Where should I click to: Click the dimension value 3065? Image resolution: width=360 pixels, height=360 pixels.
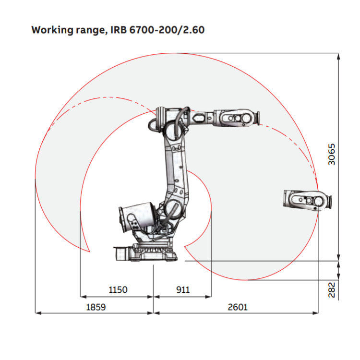click(332, 154)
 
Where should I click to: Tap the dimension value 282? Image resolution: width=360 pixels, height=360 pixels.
click(332, 290)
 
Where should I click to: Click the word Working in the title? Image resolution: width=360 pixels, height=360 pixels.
click(51, 30)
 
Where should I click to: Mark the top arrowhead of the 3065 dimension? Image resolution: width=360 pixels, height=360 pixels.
click(339, 56)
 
